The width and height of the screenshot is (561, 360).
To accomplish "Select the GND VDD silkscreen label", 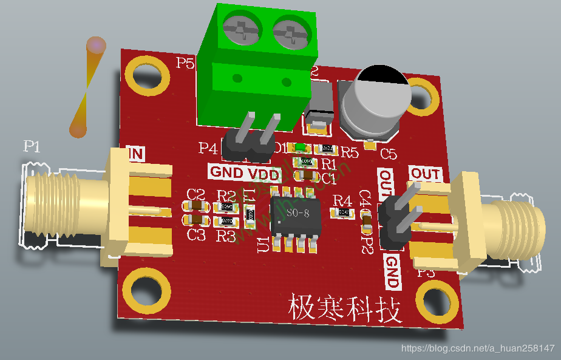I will (x=244, y=173).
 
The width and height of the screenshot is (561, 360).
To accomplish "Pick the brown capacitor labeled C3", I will (x=195, y=220).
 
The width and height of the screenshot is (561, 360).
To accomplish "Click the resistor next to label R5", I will (x=328, y=149).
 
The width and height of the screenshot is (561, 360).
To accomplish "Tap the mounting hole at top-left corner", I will (x=147, y=74).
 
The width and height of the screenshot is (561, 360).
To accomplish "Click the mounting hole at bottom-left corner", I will (x=146, y=291).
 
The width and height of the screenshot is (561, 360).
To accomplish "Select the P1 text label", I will (x=32, y=146).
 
